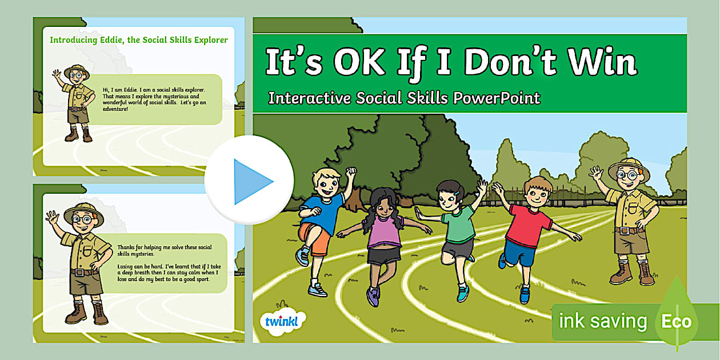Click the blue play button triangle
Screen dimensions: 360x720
[x=252, y=181]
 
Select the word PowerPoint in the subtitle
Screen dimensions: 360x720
[x=496, y=98]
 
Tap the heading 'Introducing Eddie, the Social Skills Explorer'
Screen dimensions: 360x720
[x=139, y=40]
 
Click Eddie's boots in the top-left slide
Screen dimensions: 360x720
[x=79, y=135]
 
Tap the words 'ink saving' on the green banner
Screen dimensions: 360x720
[x=602, y=321]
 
